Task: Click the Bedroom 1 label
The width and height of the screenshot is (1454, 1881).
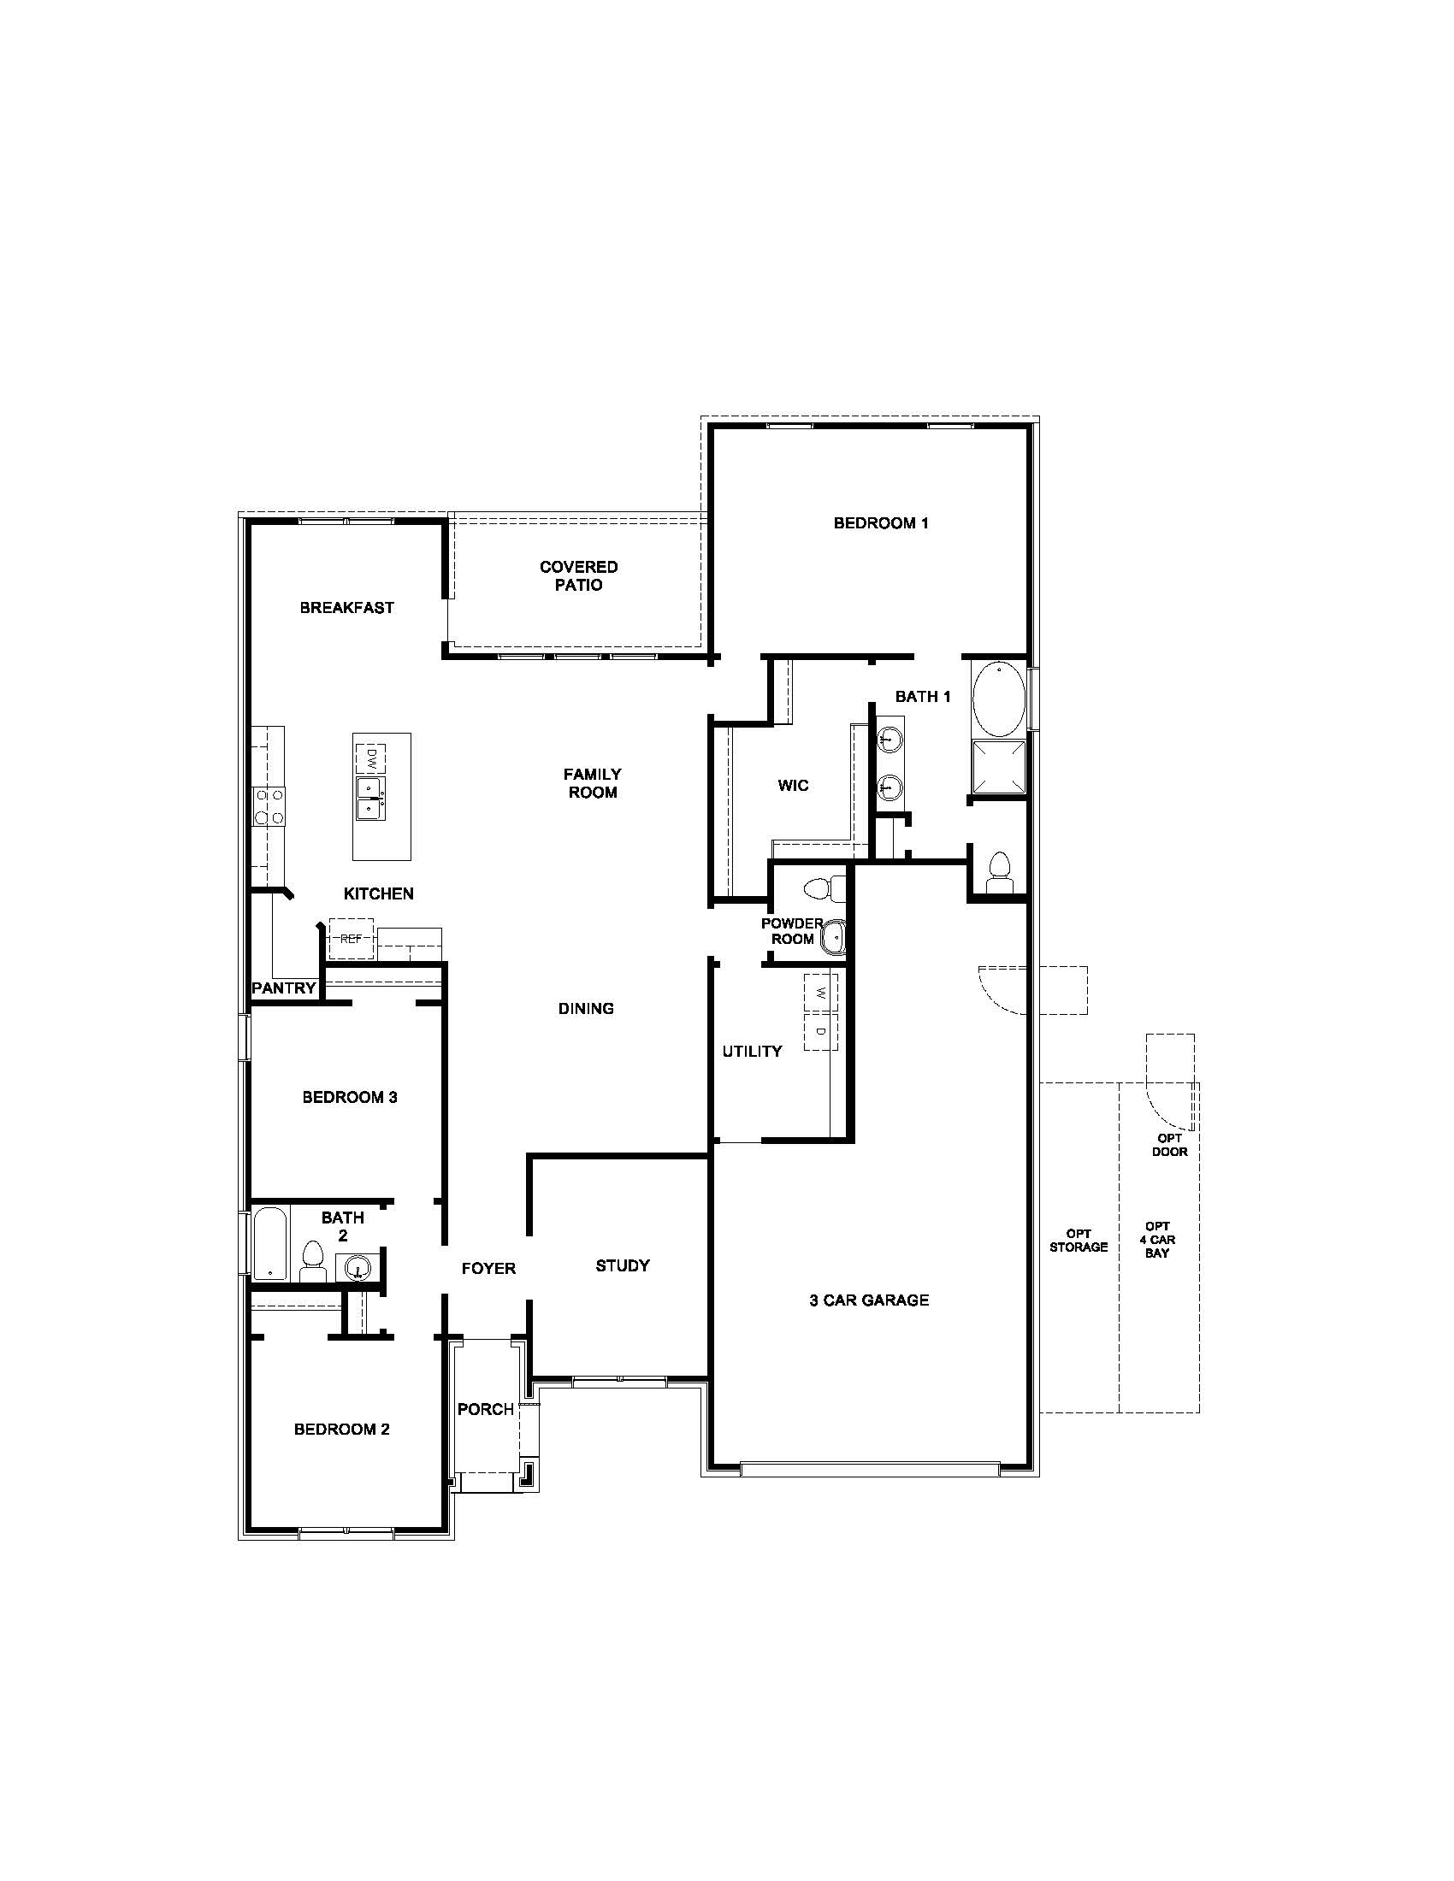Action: tap(880, 522)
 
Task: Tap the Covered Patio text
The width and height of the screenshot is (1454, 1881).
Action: tap(579, 575)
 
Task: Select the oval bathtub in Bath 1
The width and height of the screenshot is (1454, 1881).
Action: tap(999, 699)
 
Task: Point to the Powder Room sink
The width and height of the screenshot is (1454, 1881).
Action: tap(834, 936)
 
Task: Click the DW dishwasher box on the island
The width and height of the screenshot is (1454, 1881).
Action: tap(371, 758)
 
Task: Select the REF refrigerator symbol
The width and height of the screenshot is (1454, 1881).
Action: tap(351, 939)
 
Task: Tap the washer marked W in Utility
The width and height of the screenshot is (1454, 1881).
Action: tap(821, 992)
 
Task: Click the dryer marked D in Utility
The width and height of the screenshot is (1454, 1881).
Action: tap(821, 1031)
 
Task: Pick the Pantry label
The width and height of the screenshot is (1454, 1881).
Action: tap(283, 988)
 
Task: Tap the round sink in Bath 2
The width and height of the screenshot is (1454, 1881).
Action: tap(358, 1267)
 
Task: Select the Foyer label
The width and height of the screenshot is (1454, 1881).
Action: tap(488, 1268)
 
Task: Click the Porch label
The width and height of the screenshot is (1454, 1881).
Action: tap(486, 1409)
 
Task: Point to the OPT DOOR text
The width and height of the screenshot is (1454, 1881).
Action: tap(1170, 1145)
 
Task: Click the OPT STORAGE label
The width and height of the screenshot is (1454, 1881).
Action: tap(1079, 1241)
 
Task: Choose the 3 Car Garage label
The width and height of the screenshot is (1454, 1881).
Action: tap(869, 1300)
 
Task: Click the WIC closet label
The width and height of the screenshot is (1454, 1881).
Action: tap(793, 785)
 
